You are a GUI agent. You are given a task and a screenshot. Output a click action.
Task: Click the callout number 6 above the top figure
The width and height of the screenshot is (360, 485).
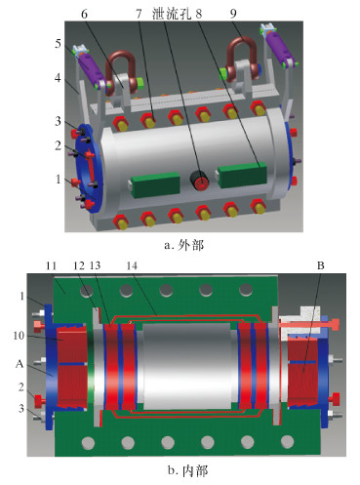coord(84,15)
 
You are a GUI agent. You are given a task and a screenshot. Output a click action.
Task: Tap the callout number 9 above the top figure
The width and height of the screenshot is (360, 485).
coord(233,14)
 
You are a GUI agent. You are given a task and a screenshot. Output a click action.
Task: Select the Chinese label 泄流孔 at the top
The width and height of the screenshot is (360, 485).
coord(172,15)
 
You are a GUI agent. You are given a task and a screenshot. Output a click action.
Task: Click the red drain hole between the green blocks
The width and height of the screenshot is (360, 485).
coord(201,184)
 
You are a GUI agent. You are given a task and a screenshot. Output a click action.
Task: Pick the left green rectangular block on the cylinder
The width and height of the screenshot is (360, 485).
coord(155,184)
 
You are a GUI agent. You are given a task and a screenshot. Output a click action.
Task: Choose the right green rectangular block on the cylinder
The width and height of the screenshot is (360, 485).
coord(243,176)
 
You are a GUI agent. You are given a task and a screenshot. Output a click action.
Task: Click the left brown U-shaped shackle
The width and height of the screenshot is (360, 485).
coord(120,71)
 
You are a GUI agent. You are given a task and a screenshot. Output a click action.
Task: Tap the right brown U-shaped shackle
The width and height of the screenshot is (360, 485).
coord(242,60)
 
